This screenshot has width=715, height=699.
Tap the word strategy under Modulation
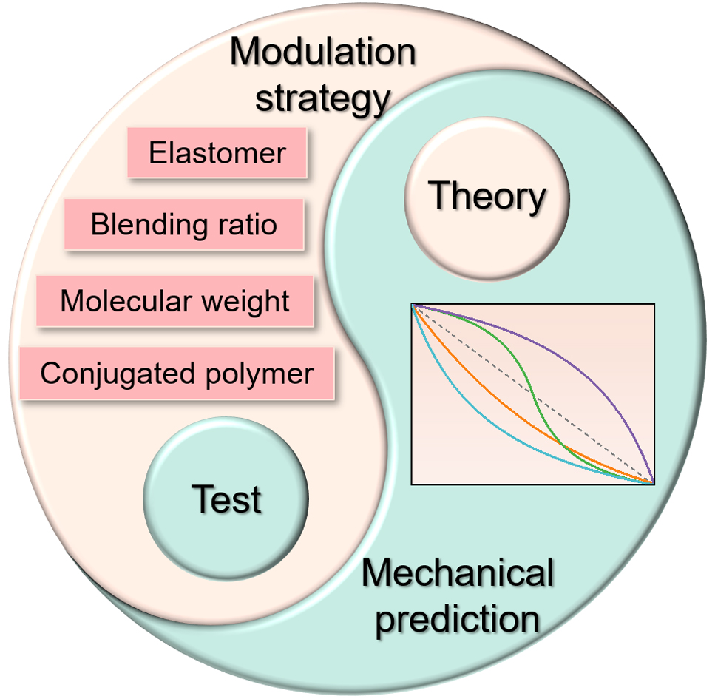tap(322, 98)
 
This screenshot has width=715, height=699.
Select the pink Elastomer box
tap(217, 153)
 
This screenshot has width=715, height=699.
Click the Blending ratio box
tap(184, 224)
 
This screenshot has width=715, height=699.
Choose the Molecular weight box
tap(175, 301)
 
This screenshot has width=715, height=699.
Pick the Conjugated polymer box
tap(177, 374)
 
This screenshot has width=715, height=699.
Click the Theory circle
tap(487, 197)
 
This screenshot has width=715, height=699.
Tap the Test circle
tap(226, 499)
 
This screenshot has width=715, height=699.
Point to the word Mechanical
tap(458, 574)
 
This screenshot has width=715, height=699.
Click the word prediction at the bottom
tap(458, 618)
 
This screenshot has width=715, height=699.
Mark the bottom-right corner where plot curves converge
tap(652, 482)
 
